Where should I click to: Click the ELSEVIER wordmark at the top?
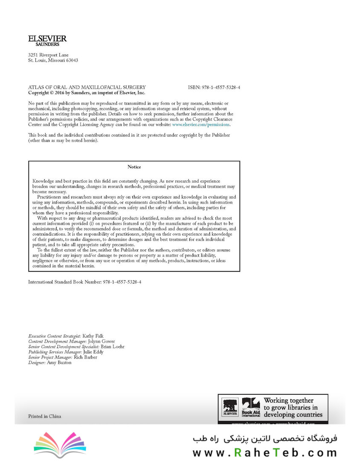coord(47,38)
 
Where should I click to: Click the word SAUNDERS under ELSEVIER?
coord(47,44)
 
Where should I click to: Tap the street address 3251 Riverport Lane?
coord(48,55)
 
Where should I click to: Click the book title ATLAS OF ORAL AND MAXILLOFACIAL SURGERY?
coord(87,87)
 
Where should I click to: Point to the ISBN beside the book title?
coord(214,87)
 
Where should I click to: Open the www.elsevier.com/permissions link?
coord(201,125)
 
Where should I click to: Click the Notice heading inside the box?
coord(134,167)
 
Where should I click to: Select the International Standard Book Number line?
coord(84,282)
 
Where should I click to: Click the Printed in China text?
coord(44,416)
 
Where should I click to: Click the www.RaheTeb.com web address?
coord(264,452)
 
